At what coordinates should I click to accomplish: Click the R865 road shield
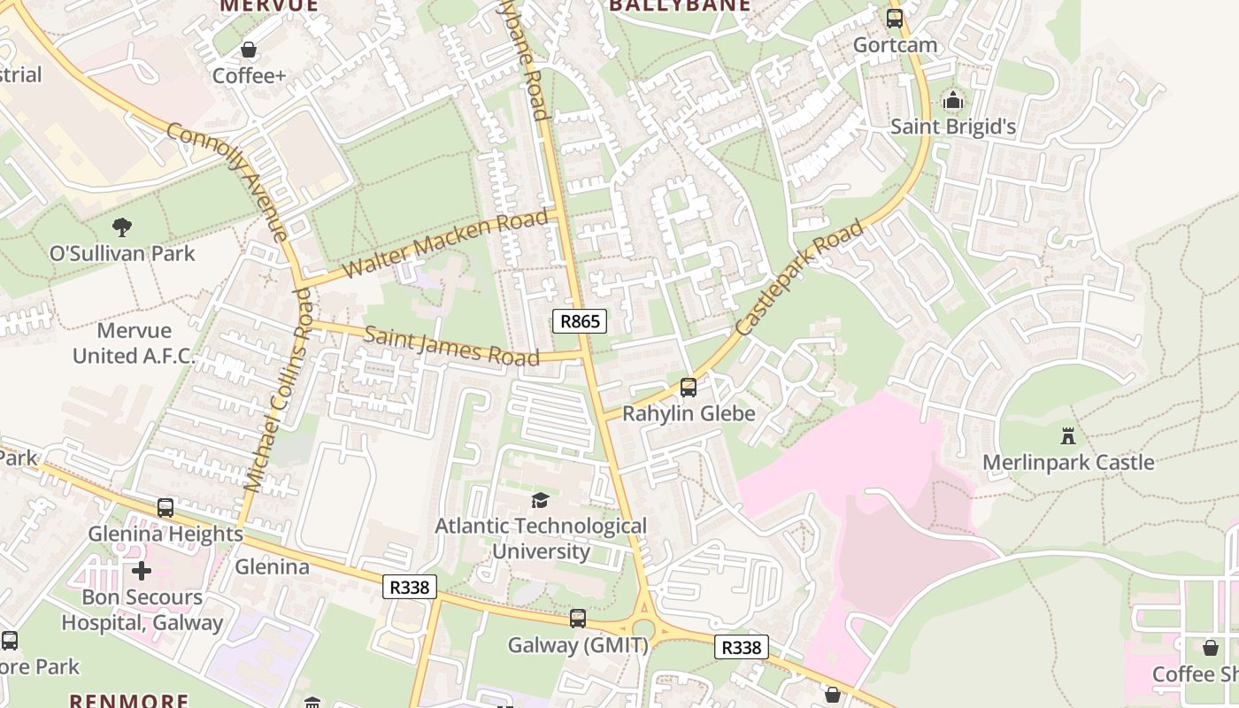(x=580, y=321)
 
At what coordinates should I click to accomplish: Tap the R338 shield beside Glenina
(x=410, y=587)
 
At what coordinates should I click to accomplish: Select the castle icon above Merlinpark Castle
(x=1068, y=435)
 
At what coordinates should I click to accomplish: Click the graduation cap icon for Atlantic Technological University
(x=540, y=501)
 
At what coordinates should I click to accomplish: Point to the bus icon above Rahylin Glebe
(x=689, y=387)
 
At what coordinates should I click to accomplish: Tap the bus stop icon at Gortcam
(x=895, y=19)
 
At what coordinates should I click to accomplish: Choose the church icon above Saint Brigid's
(x=952, y=100)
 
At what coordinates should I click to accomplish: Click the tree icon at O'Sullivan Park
(x=122, y=227)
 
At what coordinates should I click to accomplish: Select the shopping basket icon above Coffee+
(x=249, y=50)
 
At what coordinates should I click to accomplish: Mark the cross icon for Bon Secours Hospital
(x=142, y=571)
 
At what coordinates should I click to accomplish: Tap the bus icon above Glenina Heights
(x=165, y=508)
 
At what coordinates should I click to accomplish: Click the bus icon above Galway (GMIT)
(x=578, y=619)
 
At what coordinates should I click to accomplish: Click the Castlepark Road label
(x=799, y=278)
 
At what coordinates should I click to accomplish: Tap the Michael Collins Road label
(x=278, y=389)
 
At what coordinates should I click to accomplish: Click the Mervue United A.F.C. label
(x=134, y=343)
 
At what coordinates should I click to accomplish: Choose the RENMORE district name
(x=129, y=700)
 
